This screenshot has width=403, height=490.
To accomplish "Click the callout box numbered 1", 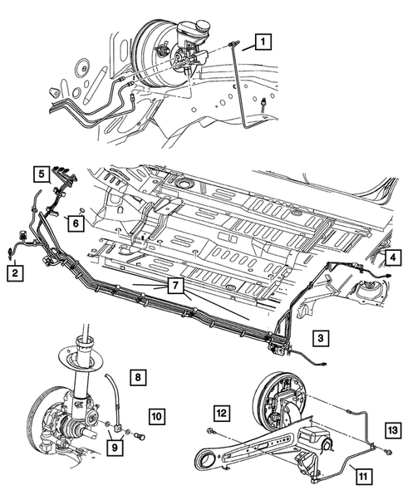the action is (263, 42).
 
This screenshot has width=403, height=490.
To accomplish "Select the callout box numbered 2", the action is (15, 273).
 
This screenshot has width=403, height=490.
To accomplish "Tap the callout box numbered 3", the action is (321, 338).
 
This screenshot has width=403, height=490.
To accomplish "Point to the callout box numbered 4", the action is (393, 257).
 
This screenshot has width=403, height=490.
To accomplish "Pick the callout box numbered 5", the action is (42, 174).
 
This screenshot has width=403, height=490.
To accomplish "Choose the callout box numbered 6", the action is (76, 223).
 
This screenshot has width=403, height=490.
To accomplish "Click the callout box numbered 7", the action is (175, 286).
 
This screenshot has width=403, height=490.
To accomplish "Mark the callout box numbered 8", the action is (138, 378).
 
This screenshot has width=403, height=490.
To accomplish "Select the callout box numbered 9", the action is (115, 448).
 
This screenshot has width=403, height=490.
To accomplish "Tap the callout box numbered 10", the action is (157, 416).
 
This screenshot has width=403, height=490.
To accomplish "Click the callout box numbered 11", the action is (363, 477).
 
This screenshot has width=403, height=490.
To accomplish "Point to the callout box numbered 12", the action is (221, 413).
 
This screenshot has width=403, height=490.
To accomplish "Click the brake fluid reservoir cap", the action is (201, 24).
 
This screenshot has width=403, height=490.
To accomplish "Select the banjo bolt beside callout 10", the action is (140, 435).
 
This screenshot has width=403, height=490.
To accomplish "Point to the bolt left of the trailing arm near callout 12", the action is (210, 431).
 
